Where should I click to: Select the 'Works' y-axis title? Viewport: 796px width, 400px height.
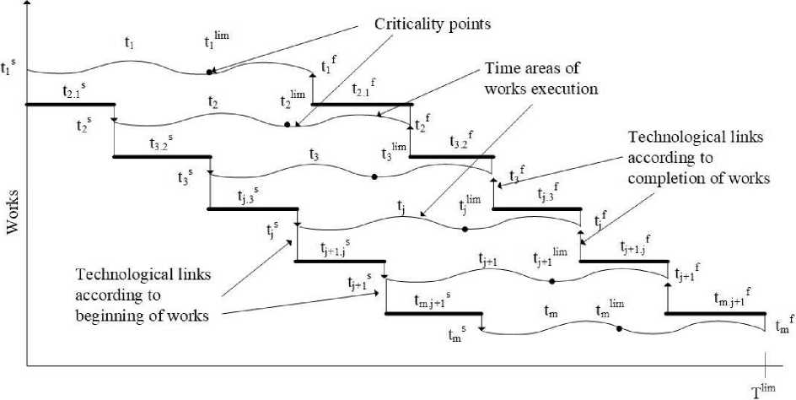tap(14, 208)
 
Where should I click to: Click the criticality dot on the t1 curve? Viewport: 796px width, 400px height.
tap(209, 73)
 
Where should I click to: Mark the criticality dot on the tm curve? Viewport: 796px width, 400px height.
tap(619, 329)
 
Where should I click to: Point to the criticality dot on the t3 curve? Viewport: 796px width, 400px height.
tap(374, 176)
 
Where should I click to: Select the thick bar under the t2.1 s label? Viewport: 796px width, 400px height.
tap(71, 104)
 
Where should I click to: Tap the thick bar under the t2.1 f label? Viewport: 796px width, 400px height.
tap(362, 105)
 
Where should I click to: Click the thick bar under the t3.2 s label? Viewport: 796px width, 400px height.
tap(162, 156)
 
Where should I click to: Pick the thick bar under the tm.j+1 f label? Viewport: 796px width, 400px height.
tap(715, 314)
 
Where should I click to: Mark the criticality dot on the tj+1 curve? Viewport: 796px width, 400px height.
tap(552, 280)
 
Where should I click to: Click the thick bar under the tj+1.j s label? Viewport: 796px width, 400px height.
tap(337, 262)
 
